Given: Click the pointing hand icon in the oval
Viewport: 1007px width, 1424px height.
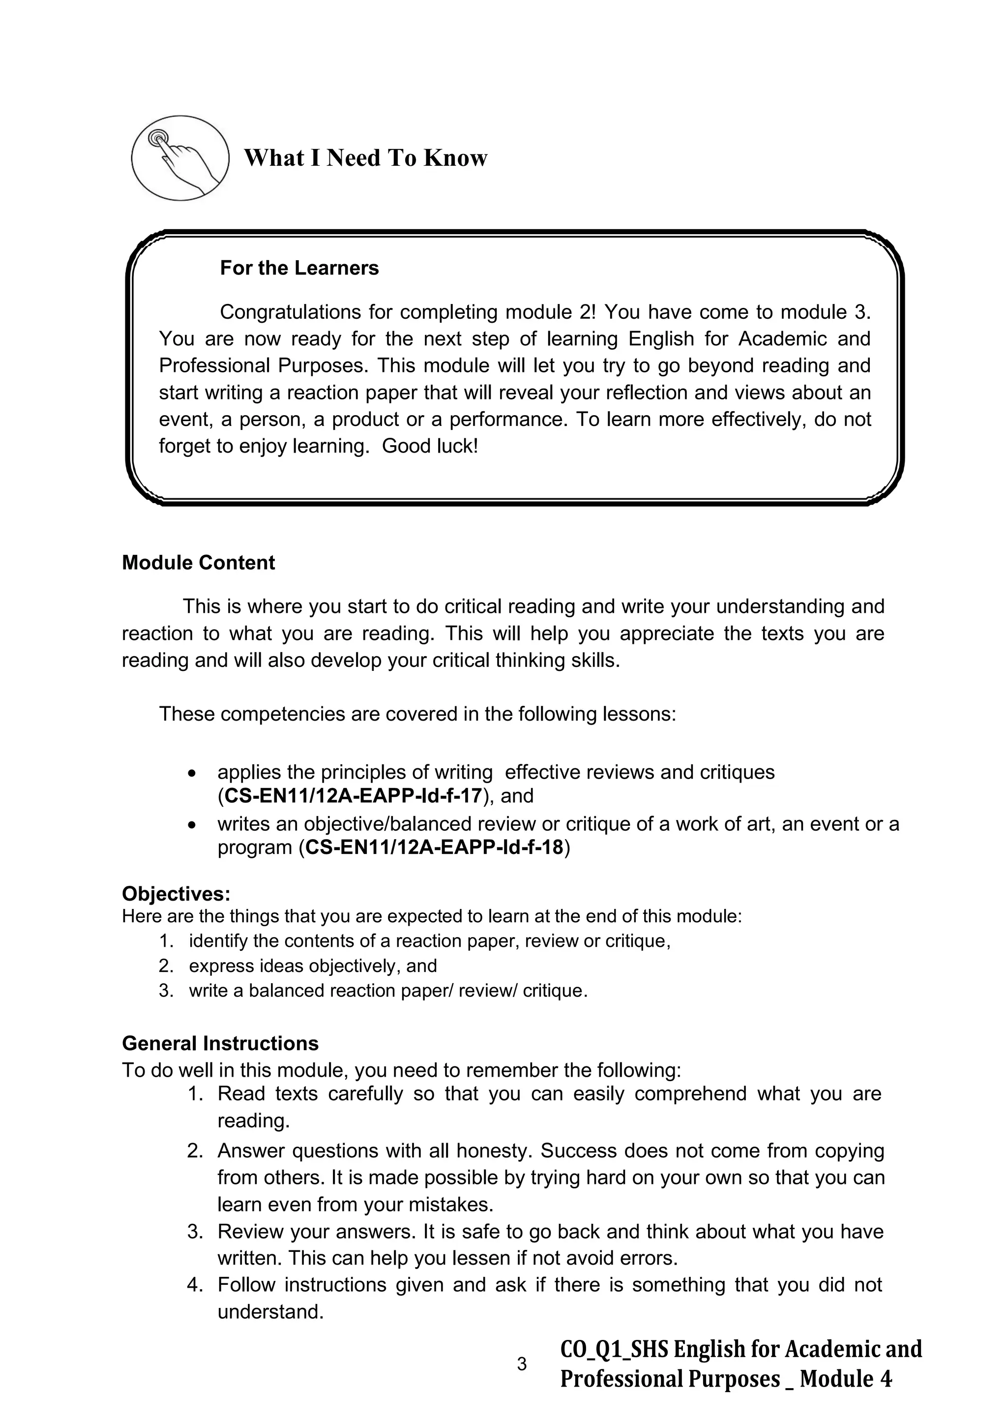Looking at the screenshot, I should coord(180,157).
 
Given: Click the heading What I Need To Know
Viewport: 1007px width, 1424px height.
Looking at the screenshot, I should coord(365,158).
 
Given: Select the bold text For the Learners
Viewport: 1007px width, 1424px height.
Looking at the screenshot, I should coord(299,268).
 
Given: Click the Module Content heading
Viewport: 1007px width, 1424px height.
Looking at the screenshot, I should coord(199,563).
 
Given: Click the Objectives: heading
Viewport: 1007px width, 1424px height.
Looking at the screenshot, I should coord(176,894).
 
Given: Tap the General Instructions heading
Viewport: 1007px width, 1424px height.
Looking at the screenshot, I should coord(220,1043).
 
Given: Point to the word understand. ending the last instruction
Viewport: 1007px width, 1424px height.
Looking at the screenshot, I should coord(271,1312).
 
